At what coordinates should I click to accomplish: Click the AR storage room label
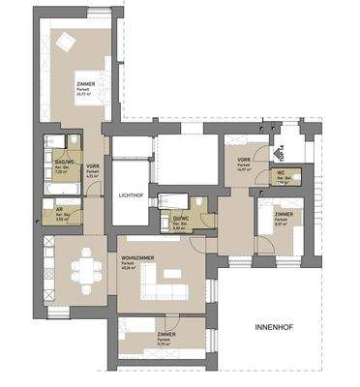tap(59, 213)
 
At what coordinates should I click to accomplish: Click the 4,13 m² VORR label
tap(93, 166)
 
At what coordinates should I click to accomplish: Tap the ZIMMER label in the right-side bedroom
tap(283, 214)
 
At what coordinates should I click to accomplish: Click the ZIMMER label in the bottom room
tap(165, 334)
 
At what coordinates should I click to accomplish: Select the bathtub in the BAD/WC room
tap(50, 151)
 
